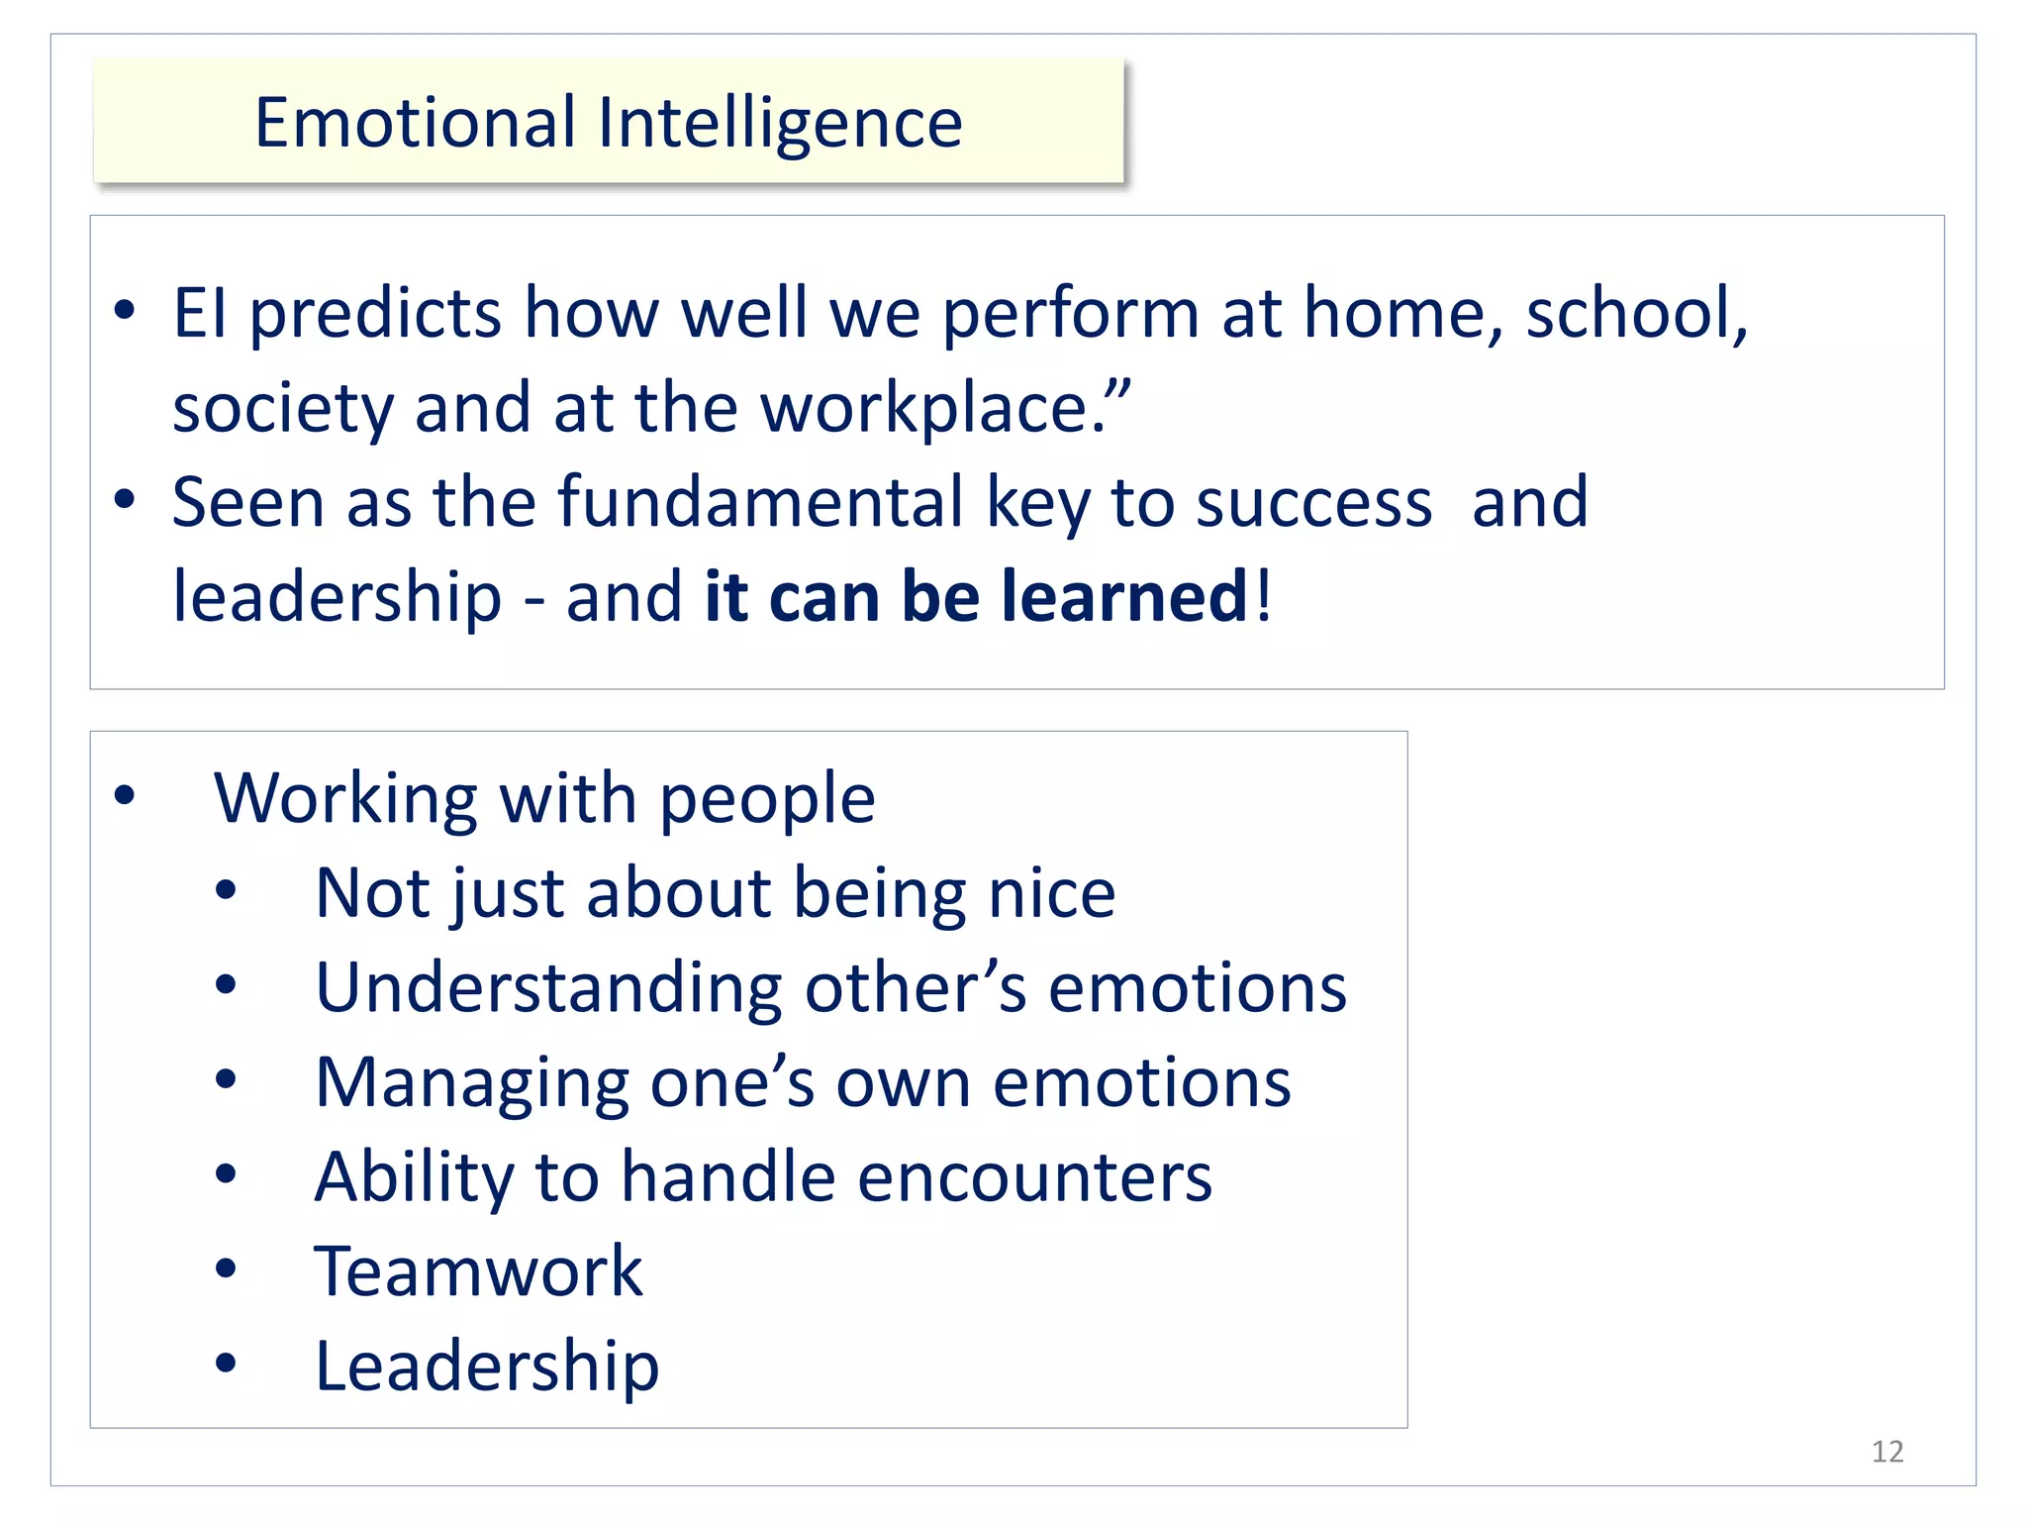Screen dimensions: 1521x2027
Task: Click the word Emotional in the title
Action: pos(415,123)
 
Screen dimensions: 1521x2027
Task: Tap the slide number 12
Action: pos(1887,1452)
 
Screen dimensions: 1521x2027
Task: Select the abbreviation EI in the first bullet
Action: pos(199,313)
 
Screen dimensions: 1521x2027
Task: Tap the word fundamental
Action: pos(760,502)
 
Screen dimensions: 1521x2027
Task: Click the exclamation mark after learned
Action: pos(1263,597)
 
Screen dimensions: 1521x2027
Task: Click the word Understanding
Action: pos(549,989)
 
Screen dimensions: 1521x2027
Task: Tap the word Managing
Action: pos(471,1083)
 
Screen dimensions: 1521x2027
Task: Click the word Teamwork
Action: pos(479,1271)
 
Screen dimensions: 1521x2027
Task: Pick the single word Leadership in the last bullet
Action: pos(487,1367)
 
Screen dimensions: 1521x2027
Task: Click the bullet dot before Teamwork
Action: pos(226,1268)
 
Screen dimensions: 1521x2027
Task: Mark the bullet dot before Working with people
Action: pos(124,795)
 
